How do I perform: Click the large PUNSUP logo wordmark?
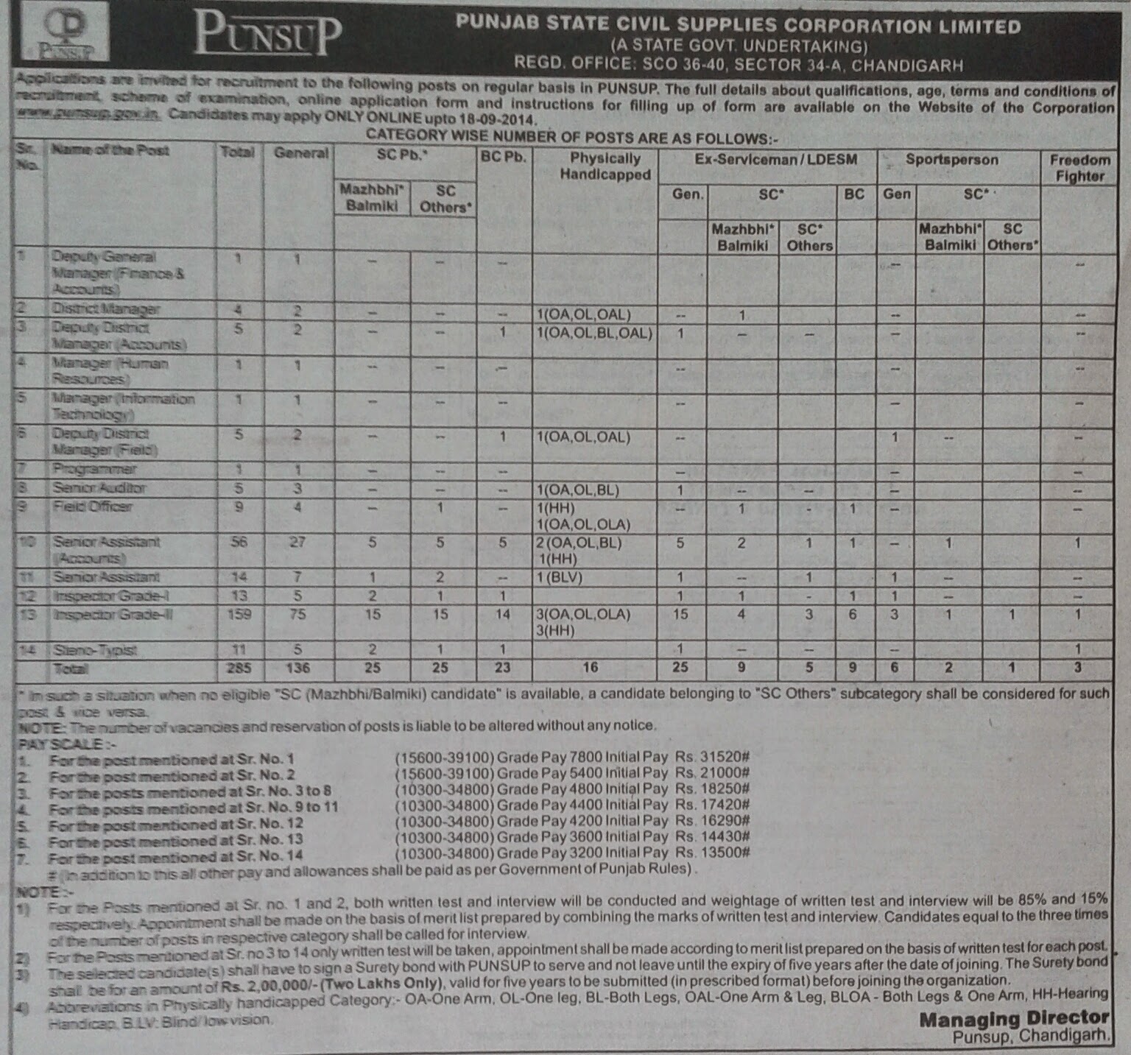268,35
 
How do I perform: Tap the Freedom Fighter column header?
1079,168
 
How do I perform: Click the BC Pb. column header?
504,158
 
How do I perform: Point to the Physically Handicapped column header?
605,166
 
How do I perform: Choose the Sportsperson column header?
951,160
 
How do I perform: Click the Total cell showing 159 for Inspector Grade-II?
239,614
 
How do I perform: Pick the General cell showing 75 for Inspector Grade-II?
297,614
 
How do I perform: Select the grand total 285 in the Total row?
239,668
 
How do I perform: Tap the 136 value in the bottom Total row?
297,668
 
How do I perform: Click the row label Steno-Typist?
95,650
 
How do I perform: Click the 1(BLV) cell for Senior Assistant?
560,577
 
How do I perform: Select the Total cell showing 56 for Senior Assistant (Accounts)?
239,542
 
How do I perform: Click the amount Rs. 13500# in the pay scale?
712,853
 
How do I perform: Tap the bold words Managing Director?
1014,1020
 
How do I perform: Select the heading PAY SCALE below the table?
61,744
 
